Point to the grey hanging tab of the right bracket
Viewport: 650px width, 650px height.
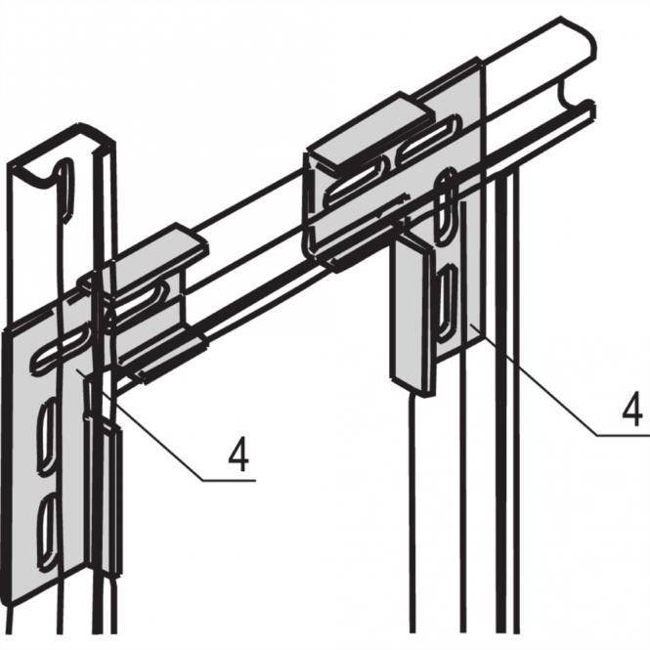point(412,313)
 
